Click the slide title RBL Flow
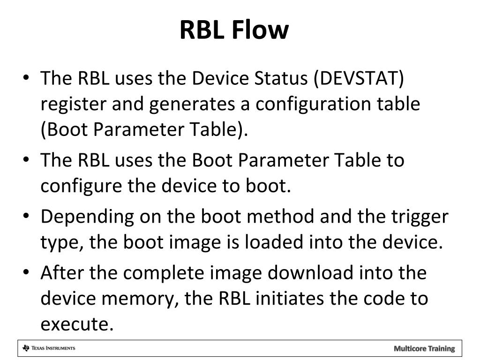coord(234,30)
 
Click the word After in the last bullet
coord(60,272)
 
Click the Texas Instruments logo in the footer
coord(49,348)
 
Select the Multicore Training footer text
coord(424,348)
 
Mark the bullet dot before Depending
coord(27,217)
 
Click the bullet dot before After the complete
coord(27,272)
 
